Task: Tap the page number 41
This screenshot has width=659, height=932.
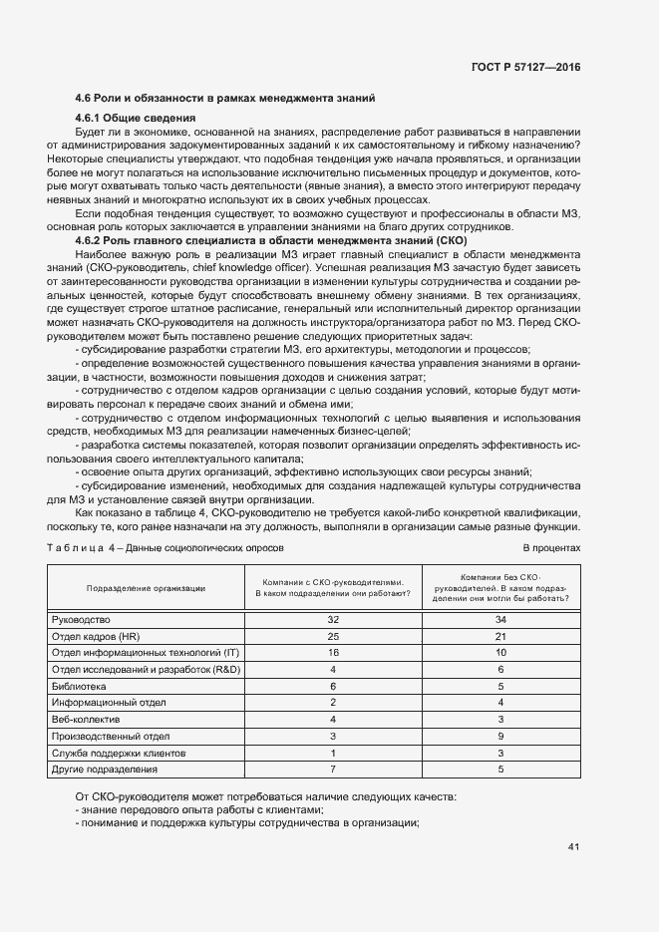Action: [x=573, y=847]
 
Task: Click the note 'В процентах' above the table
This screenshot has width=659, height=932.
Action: [x=551, y=548]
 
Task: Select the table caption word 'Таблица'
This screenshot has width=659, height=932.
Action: [x=81, y=548]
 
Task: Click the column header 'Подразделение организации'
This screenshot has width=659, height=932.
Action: [x=146, y=588]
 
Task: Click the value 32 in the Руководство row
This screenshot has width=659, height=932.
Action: [x=333, y=619]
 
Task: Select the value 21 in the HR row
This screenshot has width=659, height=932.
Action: [x=501, y=636]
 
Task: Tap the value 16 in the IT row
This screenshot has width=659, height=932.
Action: [x=333, y=652]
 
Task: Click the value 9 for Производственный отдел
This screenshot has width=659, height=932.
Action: [x=501, y=736]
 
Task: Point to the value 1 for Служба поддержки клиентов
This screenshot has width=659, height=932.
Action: [x=333, y=753]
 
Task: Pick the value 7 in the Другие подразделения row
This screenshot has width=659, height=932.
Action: [x=333, y=770]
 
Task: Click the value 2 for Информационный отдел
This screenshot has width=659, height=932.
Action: [x=333, y=703]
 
